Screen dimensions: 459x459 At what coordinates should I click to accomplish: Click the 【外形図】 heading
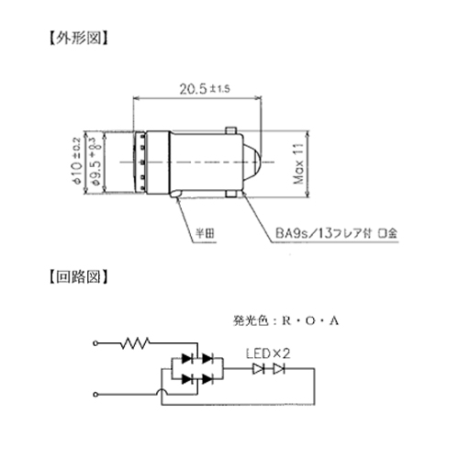point(79,38)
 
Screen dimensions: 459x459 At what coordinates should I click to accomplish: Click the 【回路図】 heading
point(79,276)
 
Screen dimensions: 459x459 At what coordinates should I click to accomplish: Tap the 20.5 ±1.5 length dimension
point(205,89)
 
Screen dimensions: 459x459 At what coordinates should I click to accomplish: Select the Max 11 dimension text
point(298,163)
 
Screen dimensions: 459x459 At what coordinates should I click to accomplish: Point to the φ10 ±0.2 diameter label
point(77,161)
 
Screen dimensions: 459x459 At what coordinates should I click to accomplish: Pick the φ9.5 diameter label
point(95,162)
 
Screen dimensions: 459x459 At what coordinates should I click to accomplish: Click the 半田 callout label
point(205,233)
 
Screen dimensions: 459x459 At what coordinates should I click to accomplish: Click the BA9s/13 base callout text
point(336,233)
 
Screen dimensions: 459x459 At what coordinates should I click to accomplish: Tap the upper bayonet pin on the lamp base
point(231,130)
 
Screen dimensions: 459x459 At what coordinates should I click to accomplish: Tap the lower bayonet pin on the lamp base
point(231,194)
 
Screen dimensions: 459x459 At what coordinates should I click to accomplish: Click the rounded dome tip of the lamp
point(252,162)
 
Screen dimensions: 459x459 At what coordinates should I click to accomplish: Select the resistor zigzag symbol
point(135,343)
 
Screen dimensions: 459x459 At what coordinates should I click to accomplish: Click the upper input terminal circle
point(95,343)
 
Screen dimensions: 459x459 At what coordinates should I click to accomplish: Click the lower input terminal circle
point(95,395)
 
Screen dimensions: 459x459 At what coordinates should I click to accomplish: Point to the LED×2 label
point(268,353)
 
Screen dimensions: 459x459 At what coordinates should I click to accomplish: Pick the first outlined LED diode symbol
point(259,369)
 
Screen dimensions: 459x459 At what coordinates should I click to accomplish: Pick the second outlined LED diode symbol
point(279,369)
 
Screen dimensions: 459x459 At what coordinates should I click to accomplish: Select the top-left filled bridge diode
point(187,358)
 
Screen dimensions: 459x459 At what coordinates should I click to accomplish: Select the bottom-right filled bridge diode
point(207,379)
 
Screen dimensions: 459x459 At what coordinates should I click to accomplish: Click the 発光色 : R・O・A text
point(285,320)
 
